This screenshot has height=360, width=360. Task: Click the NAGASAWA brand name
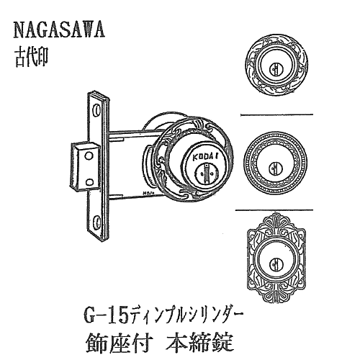59,30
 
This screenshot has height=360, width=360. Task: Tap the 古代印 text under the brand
32,57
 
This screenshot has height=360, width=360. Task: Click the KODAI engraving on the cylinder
204,156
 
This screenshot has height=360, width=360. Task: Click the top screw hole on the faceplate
97,110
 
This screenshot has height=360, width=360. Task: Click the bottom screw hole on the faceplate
97,220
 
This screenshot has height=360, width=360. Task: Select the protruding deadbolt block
84,166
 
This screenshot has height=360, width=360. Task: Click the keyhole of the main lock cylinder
206,174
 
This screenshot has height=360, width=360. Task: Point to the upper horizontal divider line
276,114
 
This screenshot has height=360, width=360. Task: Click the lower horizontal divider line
274,210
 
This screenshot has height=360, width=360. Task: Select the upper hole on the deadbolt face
89,156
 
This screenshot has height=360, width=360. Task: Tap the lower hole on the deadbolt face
89,182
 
